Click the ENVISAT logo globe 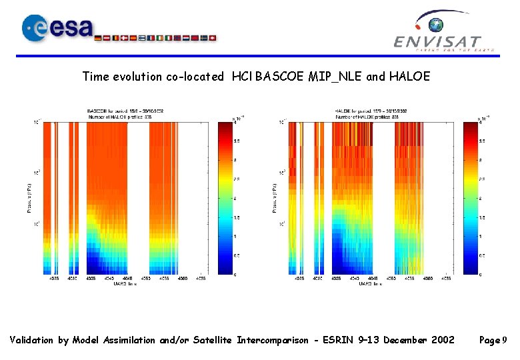coord(436,25)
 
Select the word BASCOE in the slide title coord(280,77)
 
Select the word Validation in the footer coord(32,340)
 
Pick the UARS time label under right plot coord(371,284)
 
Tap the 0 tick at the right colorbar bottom coord(481,275)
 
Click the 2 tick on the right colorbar coord(481,199)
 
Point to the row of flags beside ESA coord(157,38)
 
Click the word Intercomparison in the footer coord(273,340)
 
